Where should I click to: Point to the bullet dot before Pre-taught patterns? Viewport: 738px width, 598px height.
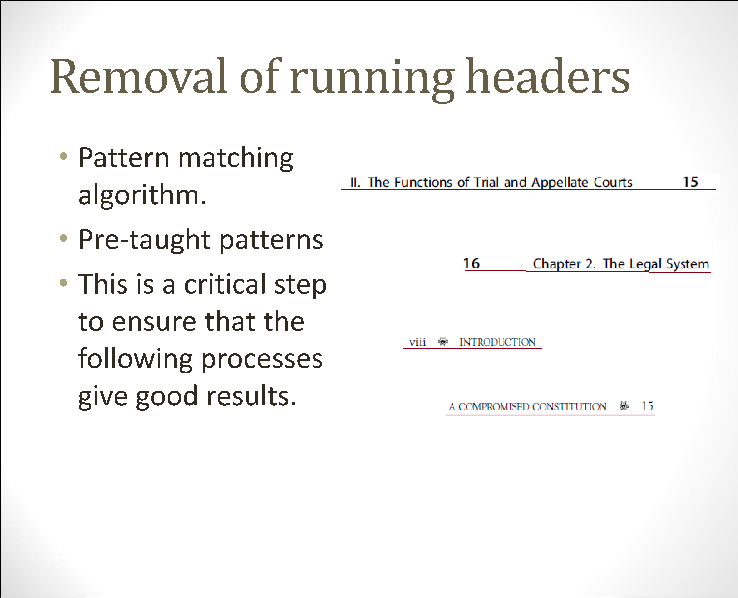[63, 238]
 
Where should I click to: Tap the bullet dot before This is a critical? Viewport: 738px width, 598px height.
[63, 283]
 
